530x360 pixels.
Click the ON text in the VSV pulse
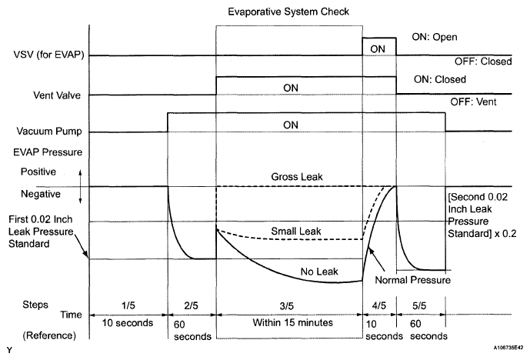[x=379, y=48]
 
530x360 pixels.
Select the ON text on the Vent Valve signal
[x=289, y=88]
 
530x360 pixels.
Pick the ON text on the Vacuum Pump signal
[x=289, y=125]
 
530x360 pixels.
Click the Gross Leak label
[x=289, y=176]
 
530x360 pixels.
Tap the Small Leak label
[x=291, y=230]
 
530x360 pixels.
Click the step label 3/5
[x=289, y=305]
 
